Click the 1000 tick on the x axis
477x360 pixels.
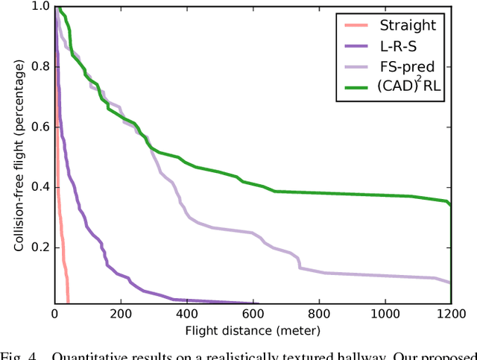coord(385,314)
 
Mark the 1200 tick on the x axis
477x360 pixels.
coord(450,314)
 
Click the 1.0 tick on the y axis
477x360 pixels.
coord(40,7)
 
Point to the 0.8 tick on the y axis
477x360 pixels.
coord(40,66)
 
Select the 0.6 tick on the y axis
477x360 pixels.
coord(40,127)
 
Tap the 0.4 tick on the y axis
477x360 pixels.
coord(40,186)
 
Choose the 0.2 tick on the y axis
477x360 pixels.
coord(40,247)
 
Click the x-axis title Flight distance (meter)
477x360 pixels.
coord(253,330)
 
